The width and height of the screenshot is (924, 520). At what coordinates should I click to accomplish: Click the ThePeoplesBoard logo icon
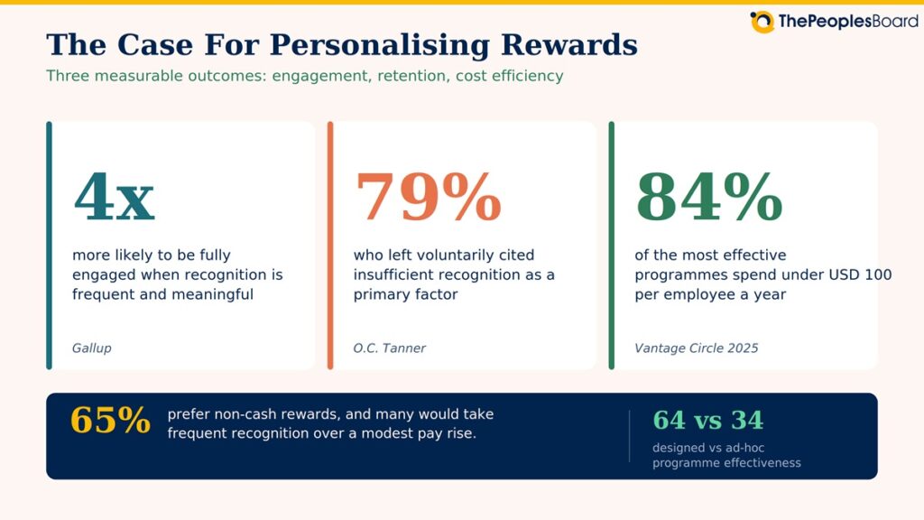[762, 22]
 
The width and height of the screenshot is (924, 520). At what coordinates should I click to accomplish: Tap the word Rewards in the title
[569, 45]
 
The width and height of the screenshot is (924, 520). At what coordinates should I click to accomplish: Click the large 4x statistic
[115, 196]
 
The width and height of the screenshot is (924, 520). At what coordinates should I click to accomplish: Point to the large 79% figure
[429, 196]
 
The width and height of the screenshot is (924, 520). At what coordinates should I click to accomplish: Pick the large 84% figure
[709, 196]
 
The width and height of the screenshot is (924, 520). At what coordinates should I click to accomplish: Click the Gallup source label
[91, 348]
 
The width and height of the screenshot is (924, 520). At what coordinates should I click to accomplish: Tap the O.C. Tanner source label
[389, 348]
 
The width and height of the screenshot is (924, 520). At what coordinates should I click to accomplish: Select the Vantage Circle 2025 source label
[696, 348]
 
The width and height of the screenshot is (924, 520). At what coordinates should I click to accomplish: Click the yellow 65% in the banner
[110, 421]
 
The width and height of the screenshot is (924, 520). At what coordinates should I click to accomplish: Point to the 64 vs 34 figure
[707, 421]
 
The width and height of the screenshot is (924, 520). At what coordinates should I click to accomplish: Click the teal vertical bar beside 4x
[49, 246]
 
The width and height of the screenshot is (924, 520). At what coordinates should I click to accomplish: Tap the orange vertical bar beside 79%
[330, 246]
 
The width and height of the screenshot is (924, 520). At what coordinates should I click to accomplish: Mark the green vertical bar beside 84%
[611, 246]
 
